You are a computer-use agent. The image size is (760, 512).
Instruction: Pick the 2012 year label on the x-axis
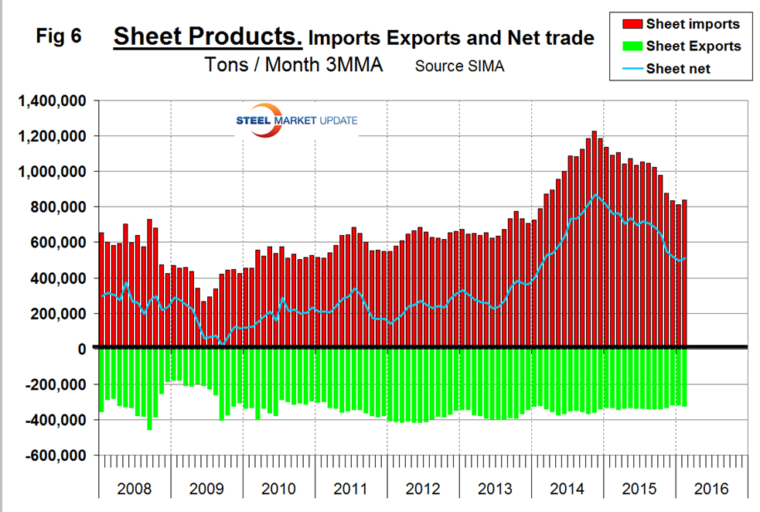pyautogui.click(x=422, y=489)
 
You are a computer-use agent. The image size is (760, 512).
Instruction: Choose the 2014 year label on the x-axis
pyautogui.click(x=567, y=489)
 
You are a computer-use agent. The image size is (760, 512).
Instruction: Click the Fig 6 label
pyautogui.click(x=60, y=36)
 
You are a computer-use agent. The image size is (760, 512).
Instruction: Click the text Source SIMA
pyautogui.click(x=459, y=66)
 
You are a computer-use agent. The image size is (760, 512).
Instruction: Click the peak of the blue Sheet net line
pyautogui.click(x=594, y=195)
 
